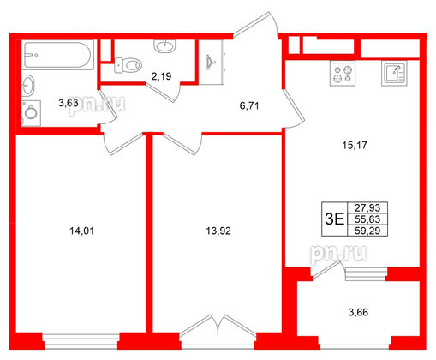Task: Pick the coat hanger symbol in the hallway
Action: point(211,60)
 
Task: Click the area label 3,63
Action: point(68,104)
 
